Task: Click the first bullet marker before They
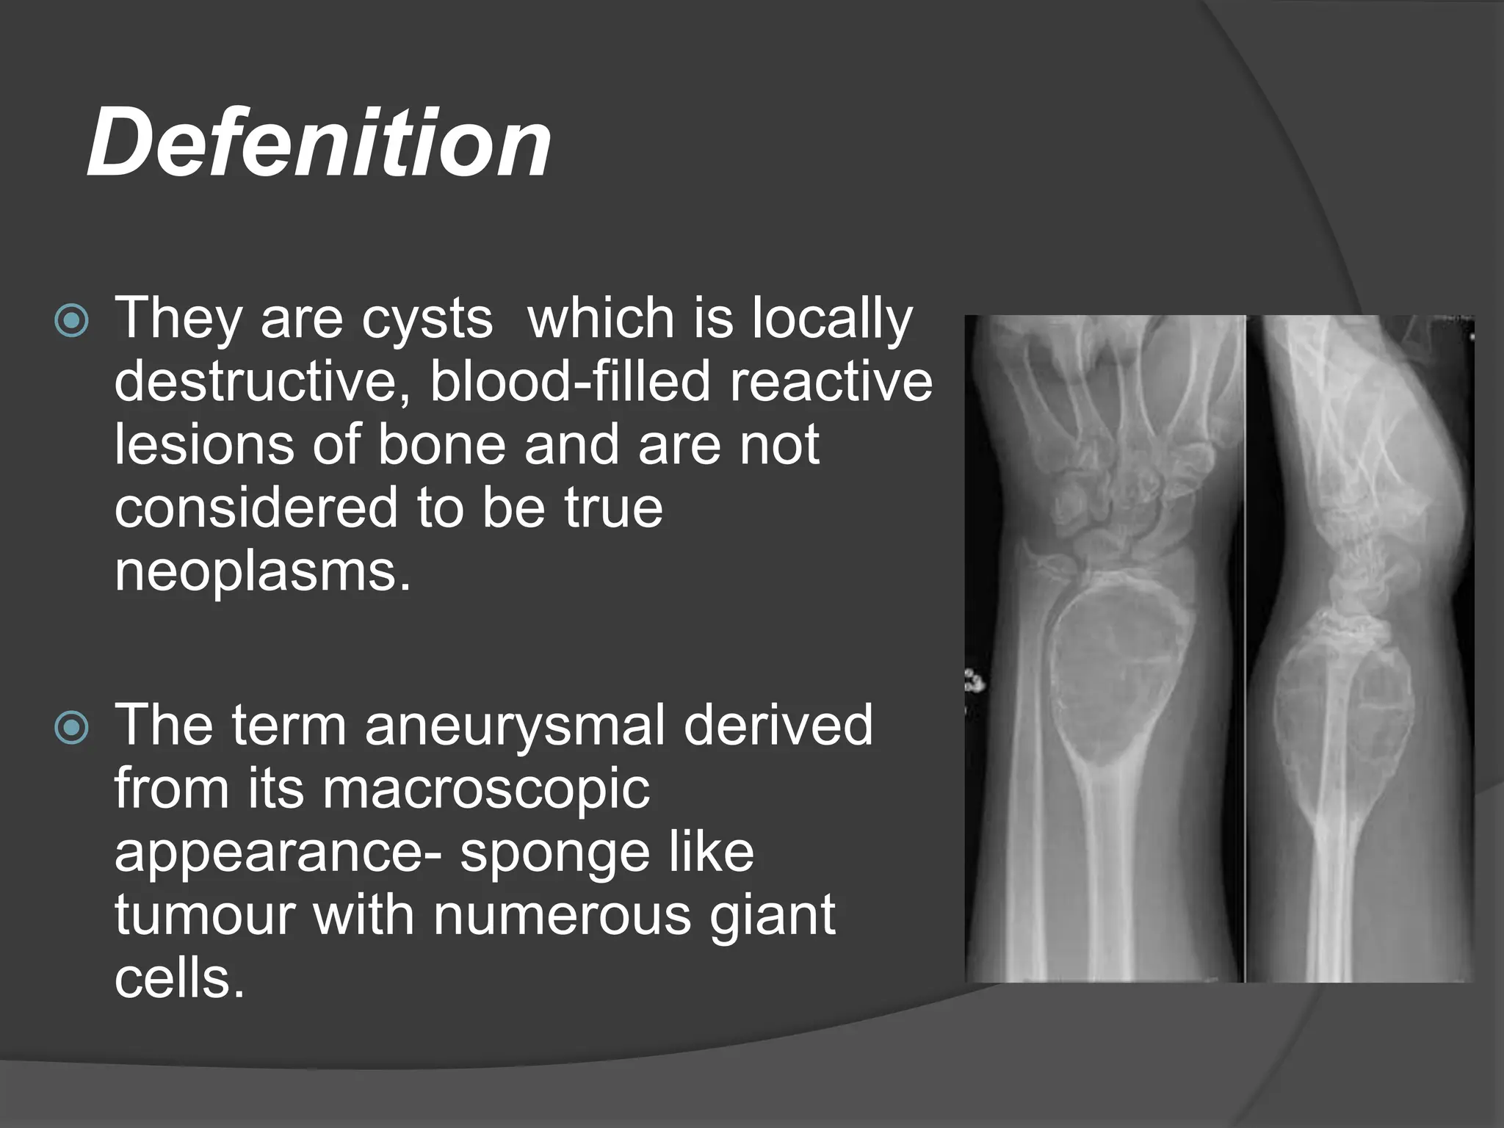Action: (x=72, y=321)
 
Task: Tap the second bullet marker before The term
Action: (x=72, y=728)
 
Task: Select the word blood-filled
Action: (x=570, y=382)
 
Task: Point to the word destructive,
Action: (x=265, y=382)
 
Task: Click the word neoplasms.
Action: (x=261, y=572)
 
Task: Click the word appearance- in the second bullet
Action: (x=279, y=853)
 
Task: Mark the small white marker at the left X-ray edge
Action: (x=974, y=681)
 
